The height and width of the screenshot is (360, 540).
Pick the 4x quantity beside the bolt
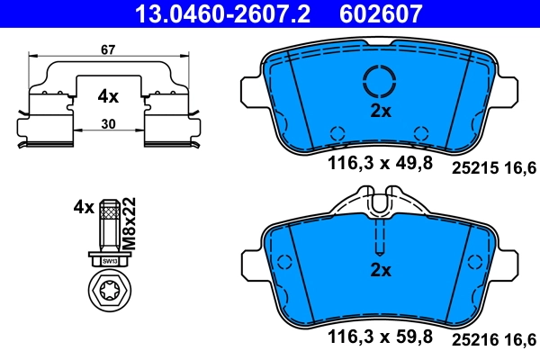(x=84, y=207)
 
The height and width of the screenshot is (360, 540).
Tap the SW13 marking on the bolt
(x=110, y=260)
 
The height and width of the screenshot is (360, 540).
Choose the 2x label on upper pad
(x=382, y=112)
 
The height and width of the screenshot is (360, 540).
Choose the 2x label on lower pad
(x=382, y=270)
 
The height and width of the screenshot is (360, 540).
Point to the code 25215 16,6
(x=492, y=166)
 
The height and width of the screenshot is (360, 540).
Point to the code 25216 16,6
(x=492, y=338)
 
